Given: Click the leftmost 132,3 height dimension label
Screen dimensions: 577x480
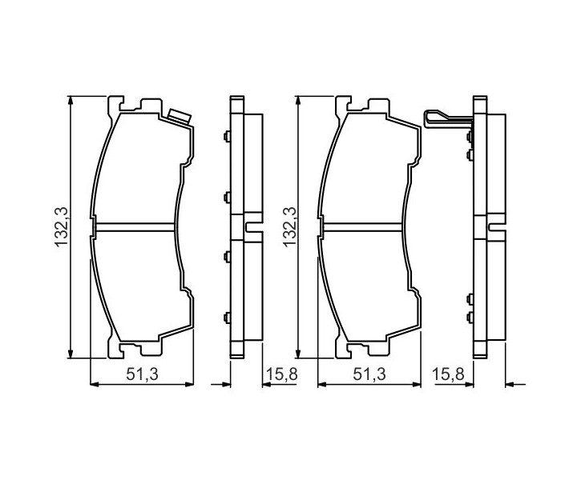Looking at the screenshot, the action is tap(62, 226).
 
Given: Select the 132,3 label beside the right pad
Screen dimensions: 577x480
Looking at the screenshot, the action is tap(288, 226).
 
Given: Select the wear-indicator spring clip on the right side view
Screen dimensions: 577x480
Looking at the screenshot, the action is tap(448, 118).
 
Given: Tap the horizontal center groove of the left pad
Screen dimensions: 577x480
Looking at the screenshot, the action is tap(134, 228).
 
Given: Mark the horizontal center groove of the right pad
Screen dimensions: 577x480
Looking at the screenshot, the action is tap(361, 228).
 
